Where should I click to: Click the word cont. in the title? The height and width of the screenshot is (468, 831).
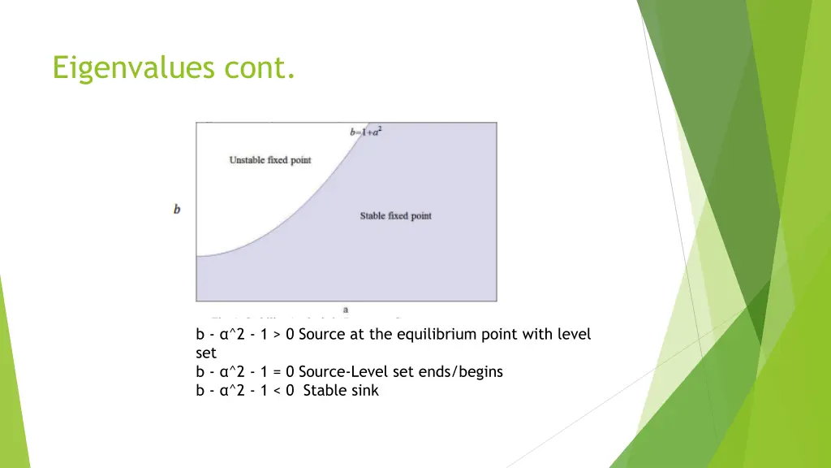(262, 67)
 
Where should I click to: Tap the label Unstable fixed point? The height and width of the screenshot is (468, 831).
(270, 160)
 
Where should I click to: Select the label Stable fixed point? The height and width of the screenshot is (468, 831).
(395, 215)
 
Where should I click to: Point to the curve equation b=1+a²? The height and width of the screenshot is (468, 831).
(365, 131)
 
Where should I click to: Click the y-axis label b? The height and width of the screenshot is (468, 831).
(177, 210)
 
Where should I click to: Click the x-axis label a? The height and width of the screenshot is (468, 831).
(346, 310)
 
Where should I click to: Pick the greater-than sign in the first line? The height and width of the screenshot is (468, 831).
(278, 335)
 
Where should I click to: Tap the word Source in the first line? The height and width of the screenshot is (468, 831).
(321, 335)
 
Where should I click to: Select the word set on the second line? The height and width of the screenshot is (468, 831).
(206, 353)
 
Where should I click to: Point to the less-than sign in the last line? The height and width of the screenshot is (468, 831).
(278, 391)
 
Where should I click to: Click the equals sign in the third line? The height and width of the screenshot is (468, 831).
(278, 372)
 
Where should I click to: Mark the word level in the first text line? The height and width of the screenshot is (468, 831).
(574, 335)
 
